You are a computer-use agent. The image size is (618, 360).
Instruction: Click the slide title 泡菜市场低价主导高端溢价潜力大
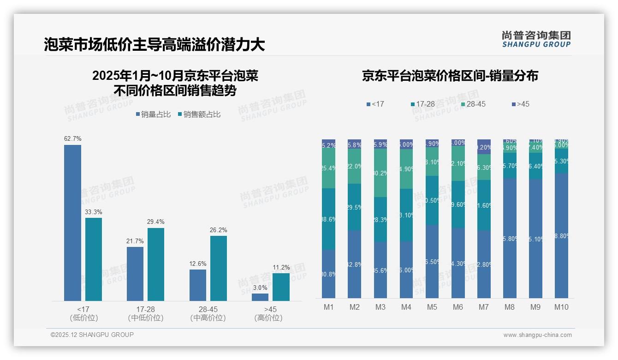coord(154,44)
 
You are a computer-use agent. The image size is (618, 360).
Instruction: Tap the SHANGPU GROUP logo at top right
coord(536,39)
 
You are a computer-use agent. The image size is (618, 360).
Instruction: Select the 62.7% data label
coord(73,138)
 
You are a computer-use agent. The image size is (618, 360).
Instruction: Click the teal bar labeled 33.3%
coord(94,259)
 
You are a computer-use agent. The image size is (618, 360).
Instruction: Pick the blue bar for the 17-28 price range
coord(135,274)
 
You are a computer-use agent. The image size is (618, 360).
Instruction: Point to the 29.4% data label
coord(156,222)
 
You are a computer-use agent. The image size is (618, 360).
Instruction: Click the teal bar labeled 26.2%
coord(219,268)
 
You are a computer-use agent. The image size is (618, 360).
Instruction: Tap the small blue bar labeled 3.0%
coord(260,297)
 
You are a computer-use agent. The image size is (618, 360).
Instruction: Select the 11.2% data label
coord(281,267)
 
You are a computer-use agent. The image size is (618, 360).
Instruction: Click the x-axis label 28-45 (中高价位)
coord(208,313)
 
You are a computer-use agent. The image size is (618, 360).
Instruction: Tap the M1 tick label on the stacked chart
coord(328,307)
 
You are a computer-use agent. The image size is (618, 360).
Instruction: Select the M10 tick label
coord(561,307)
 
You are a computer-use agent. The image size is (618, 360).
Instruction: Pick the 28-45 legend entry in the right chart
coord(473,104)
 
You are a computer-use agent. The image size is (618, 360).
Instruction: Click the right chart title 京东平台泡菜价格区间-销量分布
coord(450,76)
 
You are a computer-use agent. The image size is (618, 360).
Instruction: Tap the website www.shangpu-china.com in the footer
coord(537,335)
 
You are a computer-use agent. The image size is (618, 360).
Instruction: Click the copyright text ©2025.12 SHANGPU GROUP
coord(92,335)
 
